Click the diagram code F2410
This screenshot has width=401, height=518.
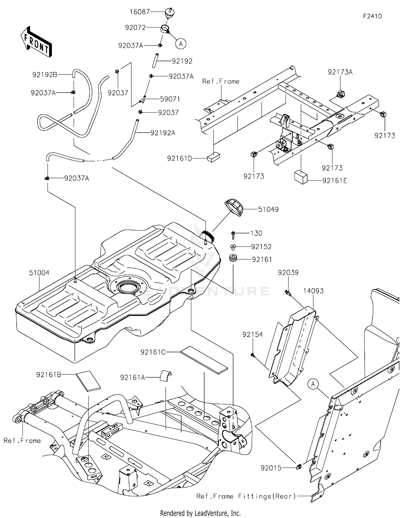point(372,16)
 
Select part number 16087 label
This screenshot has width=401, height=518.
point(140,12)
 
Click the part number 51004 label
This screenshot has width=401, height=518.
point(39,273)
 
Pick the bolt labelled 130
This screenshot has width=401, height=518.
point(233,235)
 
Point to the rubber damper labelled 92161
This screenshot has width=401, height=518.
point(233,258)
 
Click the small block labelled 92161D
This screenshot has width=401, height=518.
point(214,158)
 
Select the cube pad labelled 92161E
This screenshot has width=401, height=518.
point(301,177)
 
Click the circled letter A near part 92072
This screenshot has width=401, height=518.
point(181,44)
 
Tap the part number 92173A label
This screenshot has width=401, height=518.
point(340,72)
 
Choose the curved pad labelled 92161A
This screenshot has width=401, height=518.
point(166,376)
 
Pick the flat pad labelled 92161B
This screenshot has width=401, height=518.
point(88,381)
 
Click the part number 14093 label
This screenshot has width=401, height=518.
point(313,291)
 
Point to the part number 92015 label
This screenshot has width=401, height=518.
point(271,468)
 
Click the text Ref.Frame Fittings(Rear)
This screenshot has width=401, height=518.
point(246,496)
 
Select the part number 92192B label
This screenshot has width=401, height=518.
point(45,75)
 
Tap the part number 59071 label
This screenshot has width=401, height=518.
point(170,99)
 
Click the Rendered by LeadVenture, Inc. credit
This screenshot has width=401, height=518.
point(200,513)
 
